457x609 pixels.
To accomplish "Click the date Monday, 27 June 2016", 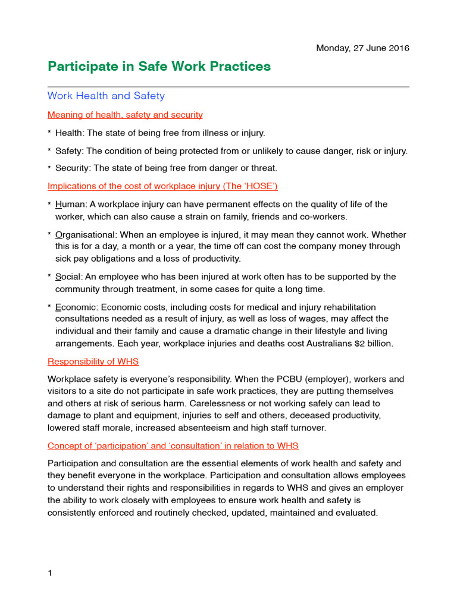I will [362, 48].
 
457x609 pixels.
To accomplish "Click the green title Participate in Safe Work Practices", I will [159, 67].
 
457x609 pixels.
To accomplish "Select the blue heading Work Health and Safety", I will [106, 96].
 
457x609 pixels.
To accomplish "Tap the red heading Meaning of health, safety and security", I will [125, 115].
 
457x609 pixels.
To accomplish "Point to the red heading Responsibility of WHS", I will [93, 361].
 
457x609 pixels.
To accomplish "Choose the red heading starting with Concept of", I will [173, 445].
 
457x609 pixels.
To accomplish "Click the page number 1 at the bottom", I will [50, 573].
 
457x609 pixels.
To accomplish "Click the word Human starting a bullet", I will [71, 205].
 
